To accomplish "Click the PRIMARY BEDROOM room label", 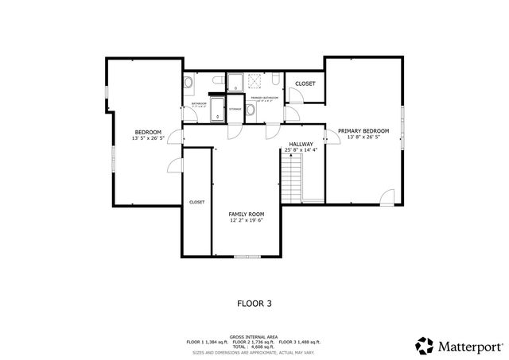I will click(x=363, y=130).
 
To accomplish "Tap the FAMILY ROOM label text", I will click(x=246, y=214).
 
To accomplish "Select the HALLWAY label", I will click(x=301, y=144).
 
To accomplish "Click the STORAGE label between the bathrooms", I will click(x=235, y=109).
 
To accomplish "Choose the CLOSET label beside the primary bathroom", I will click(x=305, y=83).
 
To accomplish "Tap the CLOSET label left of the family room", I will click(x=196, y=202).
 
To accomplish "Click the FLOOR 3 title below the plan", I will click(x=254, y=303).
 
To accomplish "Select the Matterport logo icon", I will click(x=424, y=346).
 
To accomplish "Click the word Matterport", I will click(x=470, y=346).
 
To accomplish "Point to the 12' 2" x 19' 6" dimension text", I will click(x=247, y=221).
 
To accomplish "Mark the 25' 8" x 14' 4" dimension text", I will click(x=301, y=150).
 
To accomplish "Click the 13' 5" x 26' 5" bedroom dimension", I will click(x=148, y=138).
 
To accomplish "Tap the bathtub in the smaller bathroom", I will click(x=217, y=115).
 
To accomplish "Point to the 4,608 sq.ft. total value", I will click(x=259, y=347).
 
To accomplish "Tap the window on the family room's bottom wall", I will click(x=246, y=256).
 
